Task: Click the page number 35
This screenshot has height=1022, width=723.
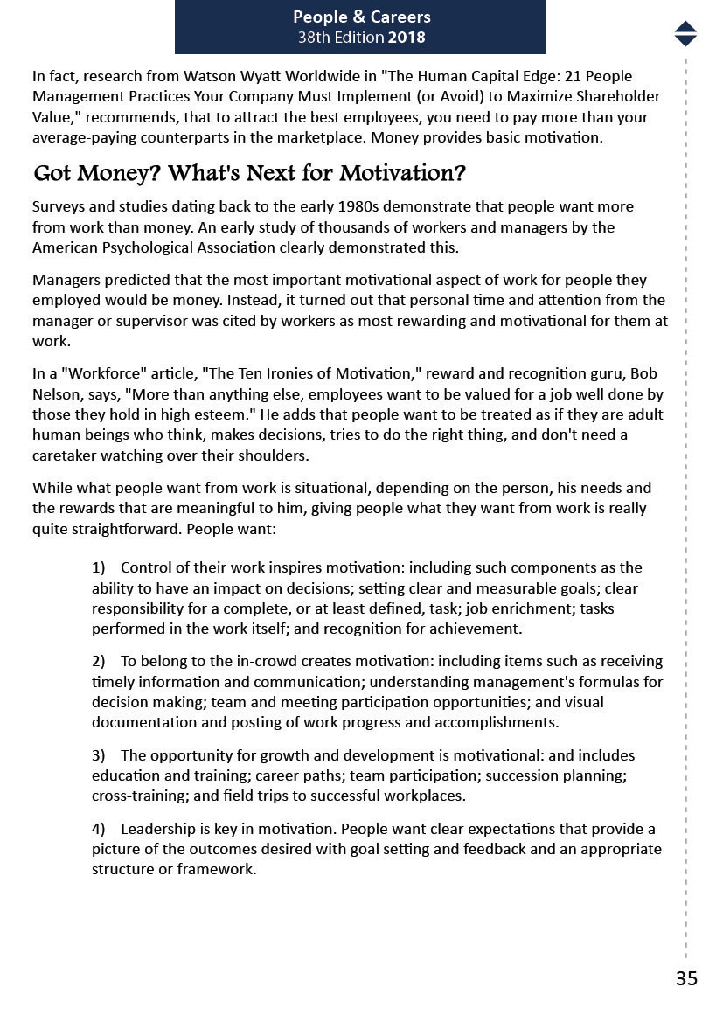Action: (686, 978)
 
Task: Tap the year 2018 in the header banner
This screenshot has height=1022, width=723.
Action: (407, 38)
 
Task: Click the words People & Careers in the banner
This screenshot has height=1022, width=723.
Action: (361, 17)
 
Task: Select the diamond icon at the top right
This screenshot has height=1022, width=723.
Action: (685, 33)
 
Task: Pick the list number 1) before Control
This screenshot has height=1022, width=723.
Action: (99, 567)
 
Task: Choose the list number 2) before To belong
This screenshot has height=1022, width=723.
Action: (99, 661)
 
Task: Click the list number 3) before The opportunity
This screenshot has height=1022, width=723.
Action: (99, 755)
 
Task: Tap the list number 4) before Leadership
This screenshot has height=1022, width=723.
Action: (99, 829)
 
